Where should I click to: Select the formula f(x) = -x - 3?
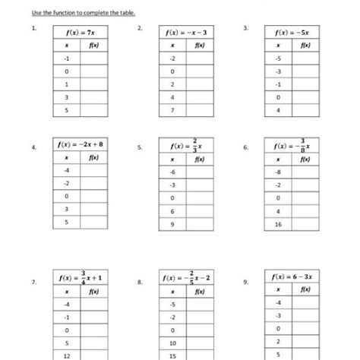185,33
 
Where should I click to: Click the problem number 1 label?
33,29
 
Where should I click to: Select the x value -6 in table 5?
173,172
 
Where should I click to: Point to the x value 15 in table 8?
173,355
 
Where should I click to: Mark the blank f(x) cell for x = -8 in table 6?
305,172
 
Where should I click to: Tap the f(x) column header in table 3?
305,46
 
